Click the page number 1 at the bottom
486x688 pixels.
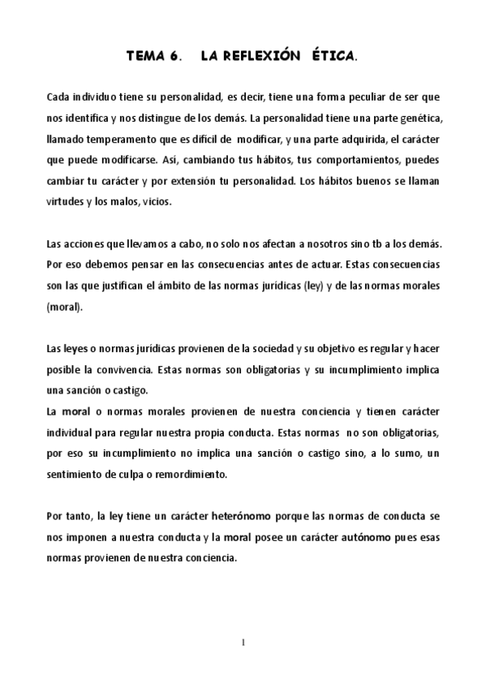click(243, 643)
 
